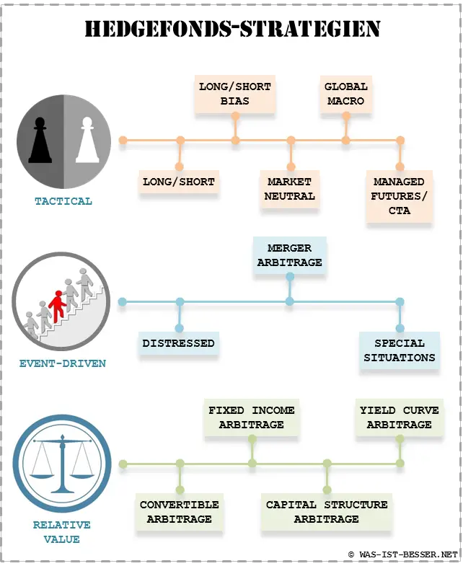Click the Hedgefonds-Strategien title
coord(233,29)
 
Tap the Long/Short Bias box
coord(235,94)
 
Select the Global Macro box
coord(346,94)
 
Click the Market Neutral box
coord(290,189)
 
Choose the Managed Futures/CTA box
coord(399,196)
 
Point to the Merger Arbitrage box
coord(290,255)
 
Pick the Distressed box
coord(179,343)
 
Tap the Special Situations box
coord(400,350)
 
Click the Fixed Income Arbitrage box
coord(252,417)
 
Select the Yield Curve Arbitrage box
coord(399,417)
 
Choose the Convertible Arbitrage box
coord(180,512)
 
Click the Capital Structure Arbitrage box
coord(327,512)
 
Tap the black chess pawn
coord(40,140)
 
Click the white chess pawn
coord(87,140)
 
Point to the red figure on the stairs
coord(57,306)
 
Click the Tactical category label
coord(63,201)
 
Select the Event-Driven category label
coord(63,363)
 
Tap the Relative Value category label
coord(62,532)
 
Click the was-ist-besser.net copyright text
coord(402,554)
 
